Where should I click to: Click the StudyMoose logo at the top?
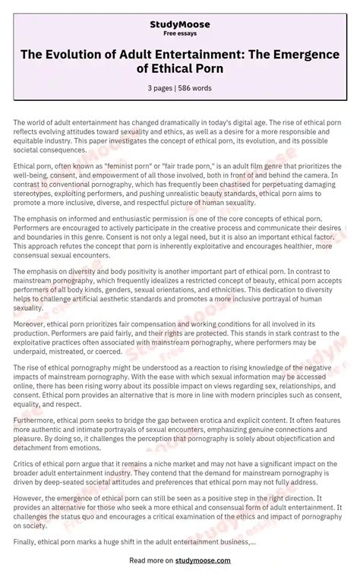(x=179, y=24)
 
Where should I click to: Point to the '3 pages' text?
(x=161, y=88)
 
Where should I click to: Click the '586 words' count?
(x=197, y=88)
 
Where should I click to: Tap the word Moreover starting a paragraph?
(x=31, y=323)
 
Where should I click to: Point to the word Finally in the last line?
(x=27, y=541)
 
